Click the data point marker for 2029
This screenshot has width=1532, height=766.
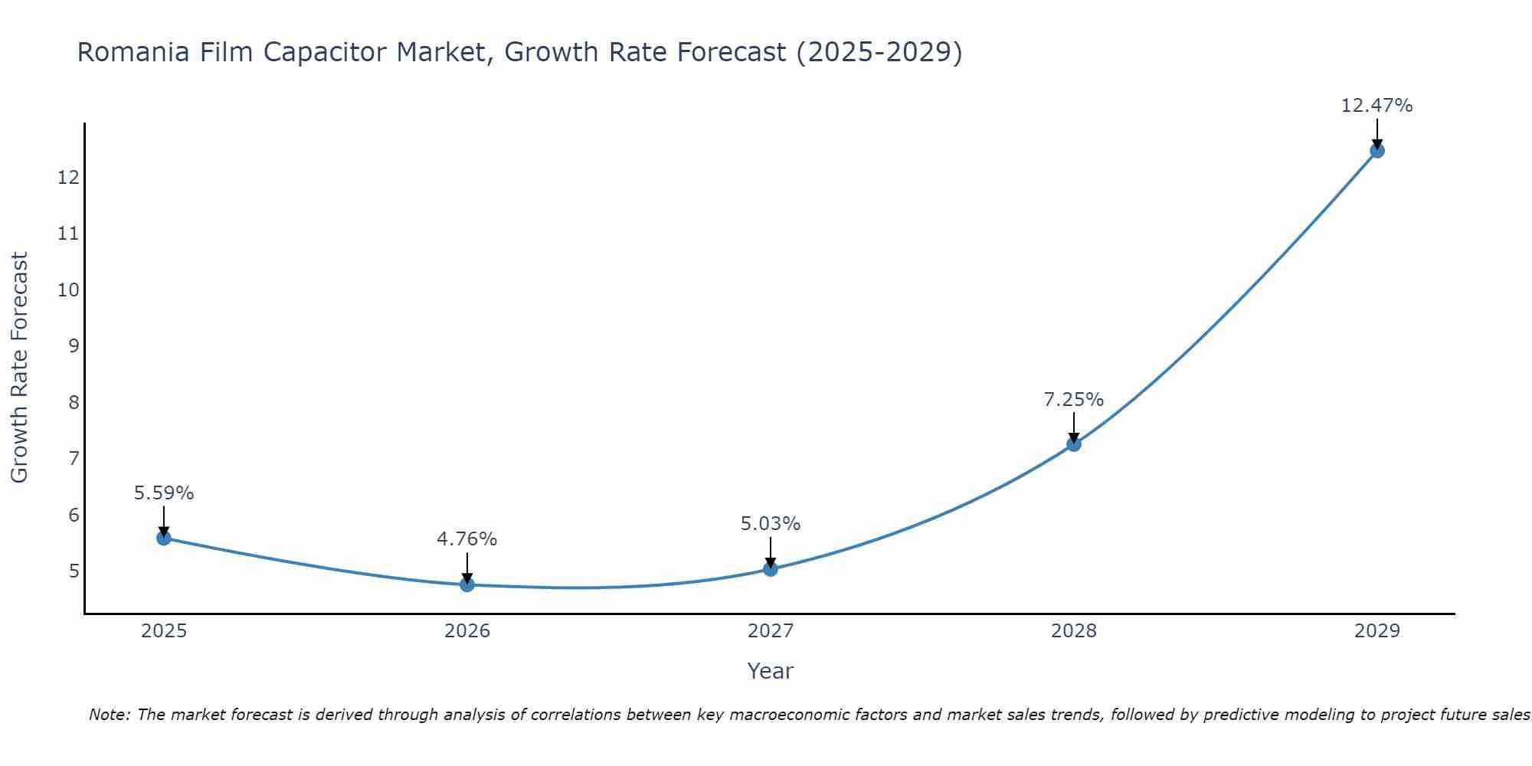pyautogui.click(x=1377, y=150)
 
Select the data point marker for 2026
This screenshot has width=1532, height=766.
pyautogui.click(x=466, y=584)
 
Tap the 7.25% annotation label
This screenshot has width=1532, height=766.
pyautogui.click(x=1073, y=400)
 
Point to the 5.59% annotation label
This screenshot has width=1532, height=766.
pyautogui.click(x=164, y=493)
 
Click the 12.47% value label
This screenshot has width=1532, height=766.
pyautogui.click(x=1377, y=106)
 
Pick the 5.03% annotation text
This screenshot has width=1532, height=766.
pyautogui.click(x=770, y=524)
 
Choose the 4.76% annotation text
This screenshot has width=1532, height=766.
pyautogui.click(x=466, y=539)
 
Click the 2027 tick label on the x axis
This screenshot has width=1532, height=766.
pyautogui.click(x=770, y=631)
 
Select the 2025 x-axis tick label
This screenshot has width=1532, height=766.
pyautogui.click(x=164, y=631)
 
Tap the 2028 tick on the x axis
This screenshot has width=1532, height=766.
pyautogui.click(x=1073, y=631)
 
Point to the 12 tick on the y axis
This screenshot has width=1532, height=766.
pyautogui.click(x=68, y=178)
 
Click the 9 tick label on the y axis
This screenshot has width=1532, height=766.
pyautogui.click(x=74, y=346)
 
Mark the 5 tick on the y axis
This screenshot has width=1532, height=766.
pyautogui.click(x=74, y=571)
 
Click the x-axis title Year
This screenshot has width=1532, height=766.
pyautogui.click(x=770, y=671)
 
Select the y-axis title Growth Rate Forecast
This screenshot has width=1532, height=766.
pyautogui.click(x=19, y=368)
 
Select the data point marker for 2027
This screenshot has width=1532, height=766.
pyautogui.click(x=770, y=568)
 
